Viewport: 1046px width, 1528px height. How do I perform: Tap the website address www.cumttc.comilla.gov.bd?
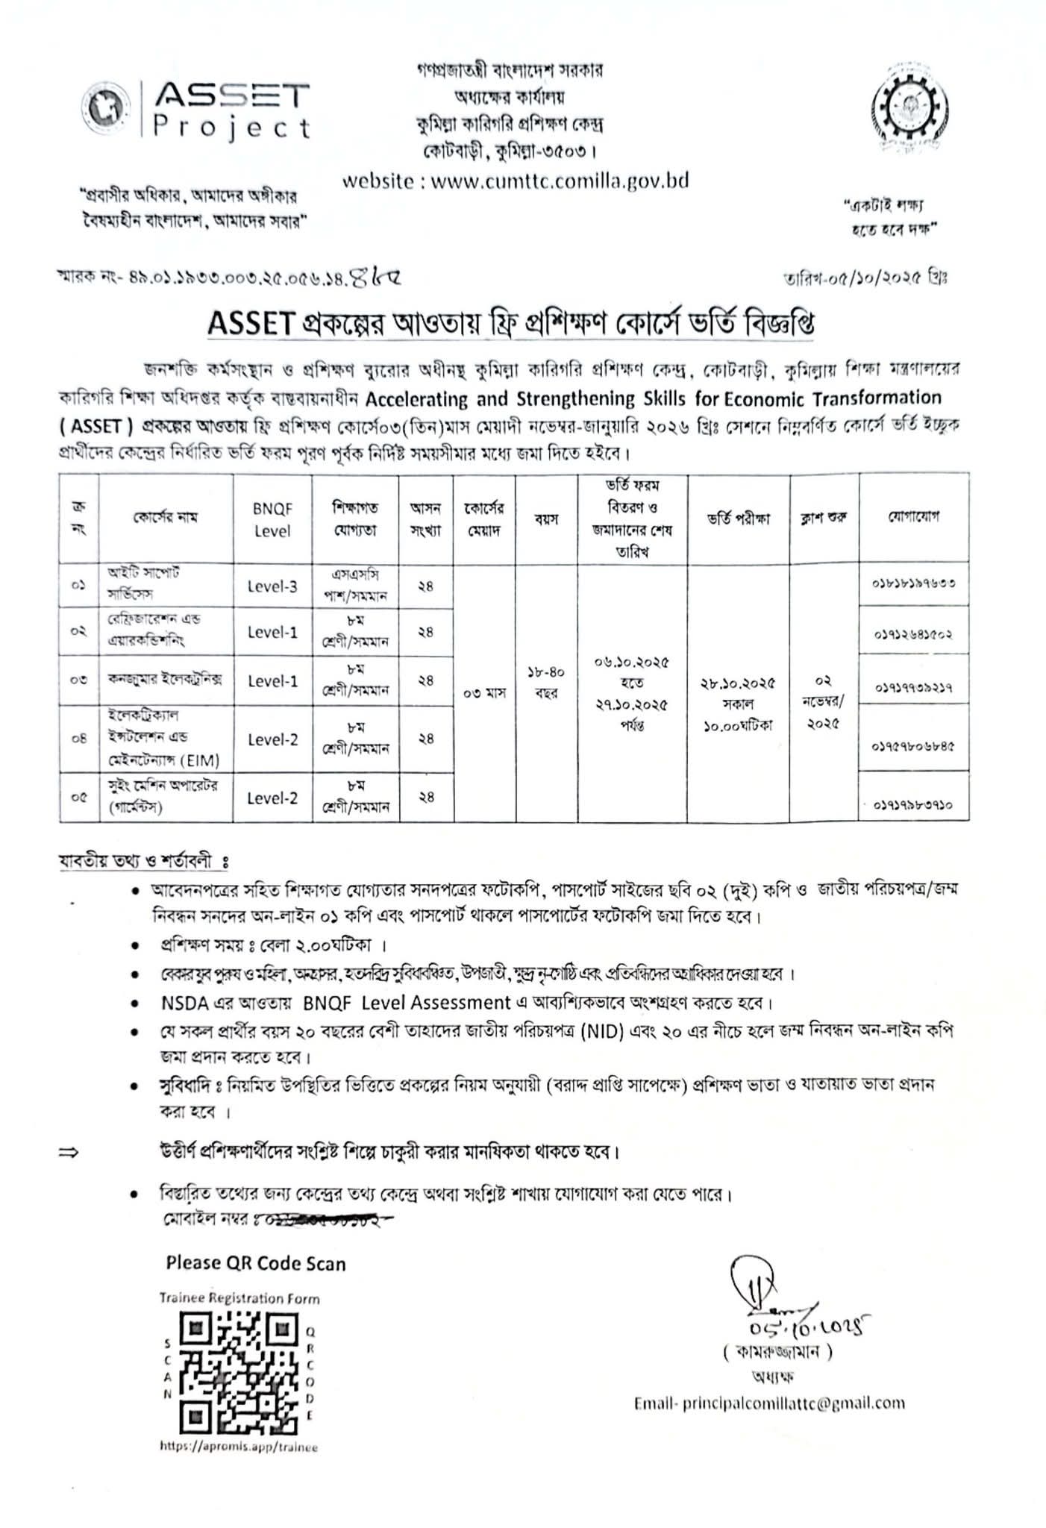515,181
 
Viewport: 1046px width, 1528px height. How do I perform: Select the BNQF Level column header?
272,519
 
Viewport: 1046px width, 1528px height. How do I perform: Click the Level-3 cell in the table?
272,586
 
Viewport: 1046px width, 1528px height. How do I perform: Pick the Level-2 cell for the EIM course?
272,739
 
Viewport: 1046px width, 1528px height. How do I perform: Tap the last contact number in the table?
913,805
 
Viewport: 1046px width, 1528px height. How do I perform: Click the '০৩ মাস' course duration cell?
485,692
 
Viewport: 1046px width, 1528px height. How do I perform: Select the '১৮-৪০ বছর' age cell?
546,682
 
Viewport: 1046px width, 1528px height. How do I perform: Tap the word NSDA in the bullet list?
182,1002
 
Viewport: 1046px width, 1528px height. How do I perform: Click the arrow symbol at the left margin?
69,1152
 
